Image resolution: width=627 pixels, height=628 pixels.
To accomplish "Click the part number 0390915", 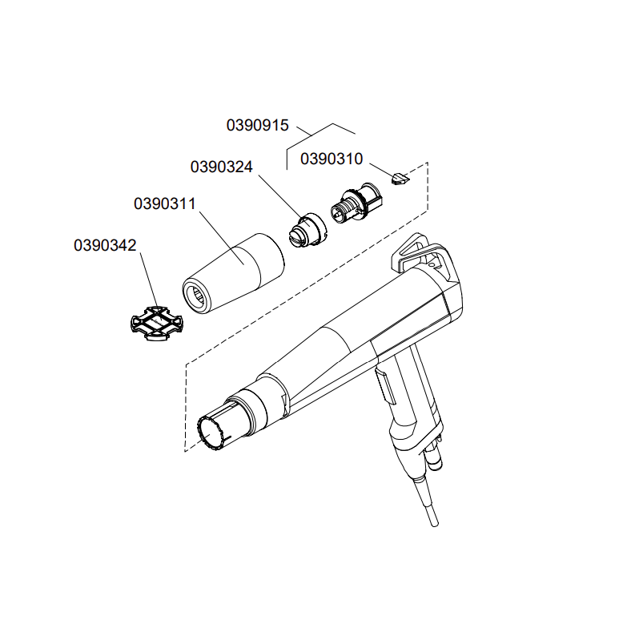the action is [258, 125].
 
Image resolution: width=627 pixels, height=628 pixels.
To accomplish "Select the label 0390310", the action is [332, 159].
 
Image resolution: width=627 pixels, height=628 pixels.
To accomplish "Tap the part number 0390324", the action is [221, 167].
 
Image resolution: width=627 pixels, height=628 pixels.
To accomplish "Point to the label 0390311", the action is [165, 203].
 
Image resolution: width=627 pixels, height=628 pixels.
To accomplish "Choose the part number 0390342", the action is [105, 245].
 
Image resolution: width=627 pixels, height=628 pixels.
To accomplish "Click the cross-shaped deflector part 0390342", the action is [157, 323].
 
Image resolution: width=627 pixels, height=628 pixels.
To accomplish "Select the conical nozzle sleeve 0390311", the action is [234, 273].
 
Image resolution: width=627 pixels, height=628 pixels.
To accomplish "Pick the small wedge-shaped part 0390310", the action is [399, 178].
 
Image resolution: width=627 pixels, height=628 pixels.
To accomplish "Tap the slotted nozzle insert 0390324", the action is [307, 232].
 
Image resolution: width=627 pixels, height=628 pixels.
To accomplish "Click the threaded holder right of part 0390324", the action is [356, 203].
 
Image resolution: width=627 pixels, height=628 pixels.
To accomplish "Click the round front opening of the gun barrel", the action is [211, 434].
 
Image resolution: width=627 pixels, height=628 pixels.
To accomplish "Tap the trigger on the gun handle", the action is [385, 386].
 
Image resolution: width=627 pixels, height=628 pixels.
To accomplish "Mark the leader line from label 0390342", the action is [149, 280].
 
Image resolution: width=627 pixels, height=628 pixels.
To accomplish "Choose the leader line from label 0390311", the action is [222, 238].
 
